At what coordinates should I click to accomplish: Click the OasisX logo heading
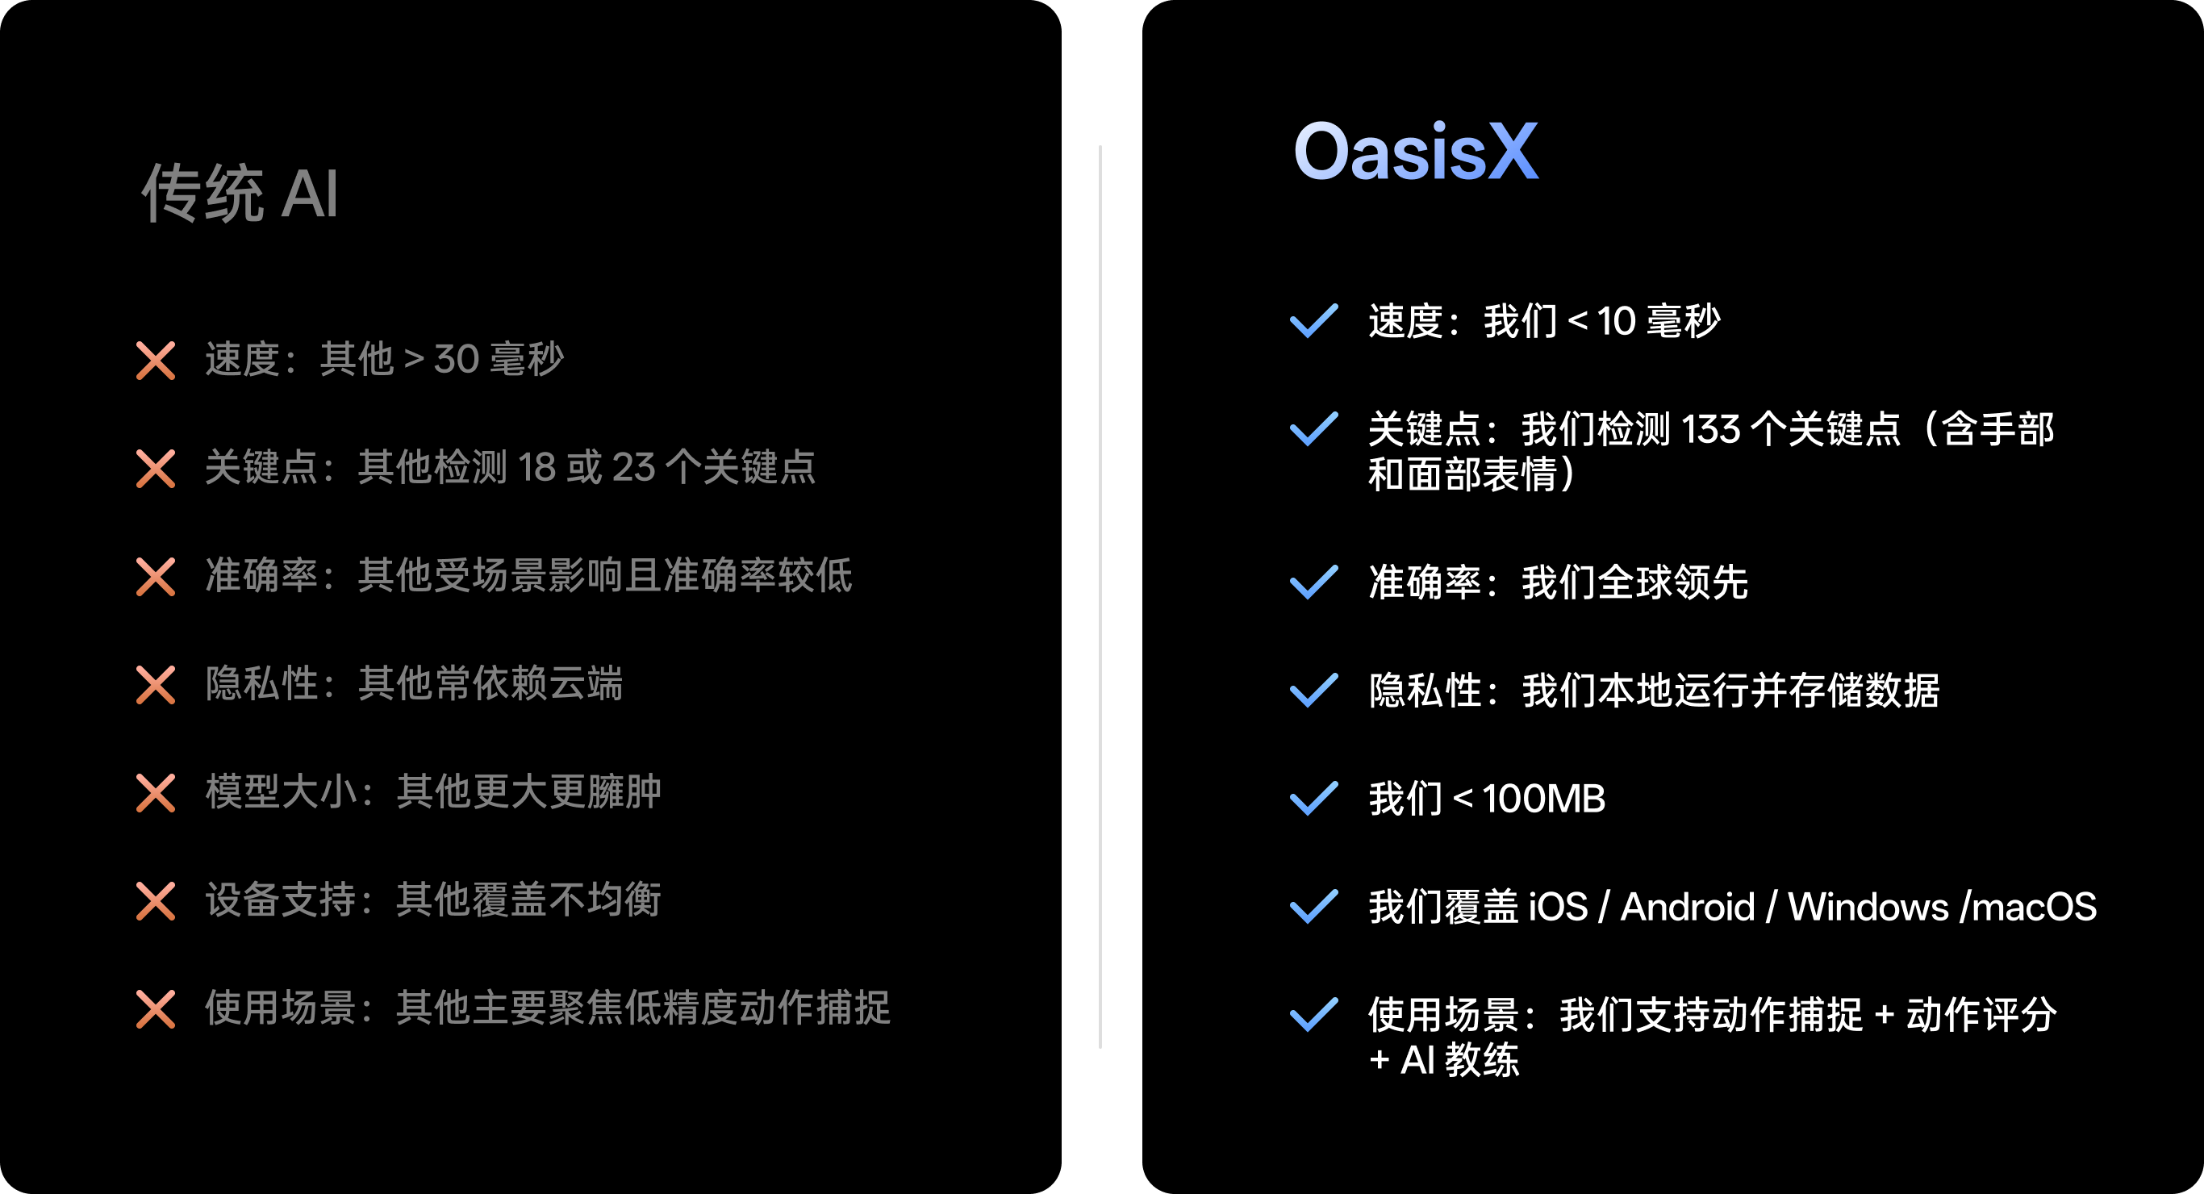(x=1416, y=152)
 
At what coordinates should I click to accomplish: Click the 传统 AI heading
(x=240, y=194)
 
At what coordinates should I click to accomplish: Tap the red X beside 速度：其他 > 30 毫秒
(x=156, y=361)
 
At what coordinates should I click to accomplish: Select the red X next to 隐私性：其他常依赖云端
(x=156, y=686)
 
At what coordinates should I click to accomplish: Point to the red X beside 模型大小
(x=156, y=793)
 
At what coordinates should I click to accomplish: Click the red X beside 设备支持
(x=156, y=901)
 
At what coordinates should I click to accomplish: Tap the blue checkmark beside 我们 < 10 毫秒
(x=1313, y=321)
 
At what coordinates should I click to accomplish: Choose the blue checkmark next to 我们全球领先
(x=1313, y=582)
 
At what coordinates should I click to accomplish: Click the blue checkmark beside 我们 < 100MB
(x=1313, y=799)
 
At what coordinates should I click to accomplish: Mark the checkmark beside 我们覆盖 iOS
(x=1313, y=907)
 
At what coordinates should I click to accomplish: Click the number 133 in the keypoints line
(x=1710, y=430)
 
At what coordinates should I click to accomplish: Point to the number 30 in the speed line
(x=456, y=360)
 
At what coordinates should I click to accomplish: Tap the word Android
(x=1687, y=908)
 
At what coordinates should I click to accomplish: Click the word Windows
(x=1868, y=908)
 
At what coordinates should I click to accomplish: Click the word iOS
(x=1557, y=908)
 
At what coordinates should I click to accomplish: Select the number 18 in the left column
(x=536, y=468)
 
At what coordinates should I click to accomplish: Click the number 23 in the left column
(x=633, y=468)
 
